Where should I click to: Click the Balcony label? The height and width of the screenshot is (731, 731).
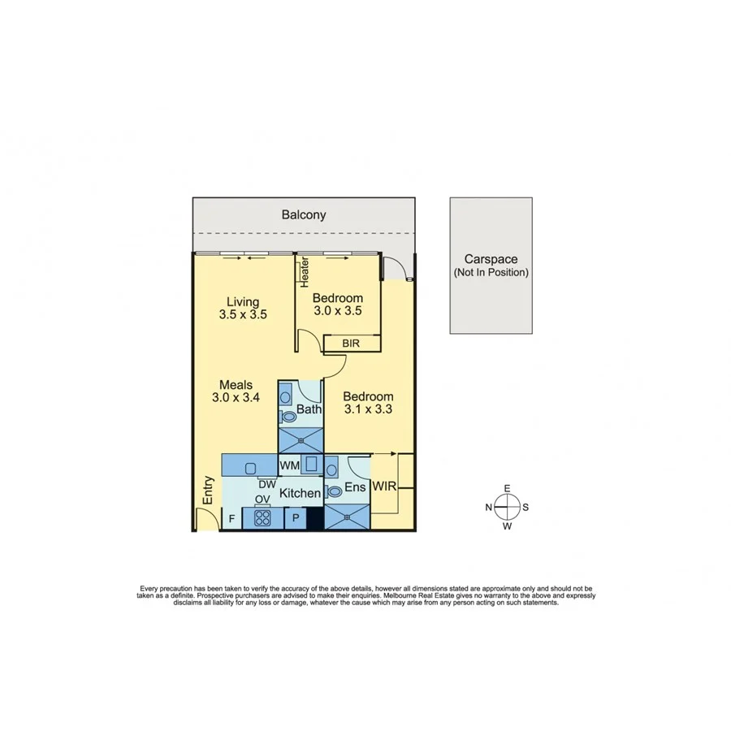point(304,215)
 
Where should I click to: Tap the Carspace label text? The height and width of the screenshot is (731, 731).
point(491,260)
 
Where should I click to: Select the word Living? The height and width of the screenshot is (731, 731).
point(243,302)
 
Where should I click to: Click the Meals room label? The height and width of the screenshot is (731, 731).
point(236,385)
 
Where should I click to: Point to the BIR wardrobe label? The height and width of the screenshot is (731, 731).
point(351,344)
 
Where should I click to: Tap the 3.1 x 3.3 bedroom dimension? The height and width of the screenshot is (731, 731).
point(368,409)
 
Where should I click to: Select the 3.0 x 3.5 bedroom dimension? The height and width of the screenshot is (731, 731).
point(337,310)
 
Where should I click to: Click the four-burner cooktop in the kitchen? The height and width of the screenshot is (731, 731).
point(262,518)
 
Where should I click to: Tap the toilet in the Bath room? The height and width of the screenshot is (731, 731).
point(288,417)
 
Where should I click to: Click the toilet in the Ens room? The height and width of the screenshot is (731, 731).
point(334,491)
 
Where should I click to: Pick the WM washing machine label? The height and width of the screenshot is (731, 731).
point(289,465)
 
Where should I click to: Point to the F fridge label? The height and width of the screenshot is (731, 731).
point(231,518)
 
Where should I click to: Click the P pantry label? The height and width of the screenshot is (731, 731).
point(296,518)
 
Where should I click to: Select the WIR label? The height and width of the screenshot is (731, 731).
point(383,487)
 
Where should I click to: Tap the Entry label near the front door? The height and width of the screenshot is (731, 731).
point(208,491)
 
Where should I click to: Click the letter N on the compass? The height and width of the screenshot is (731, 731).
point(489,508)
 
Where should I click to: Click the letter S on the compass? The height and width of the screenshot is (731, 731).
point(526,508)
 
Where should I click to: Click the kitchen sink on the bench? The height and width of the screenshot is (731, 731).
point(250,468)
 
